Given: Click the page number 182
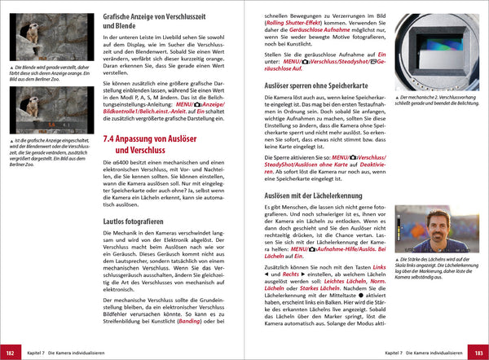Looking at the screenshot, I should (11, 353).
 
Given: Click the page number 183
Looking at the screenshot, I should (478, 353).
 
